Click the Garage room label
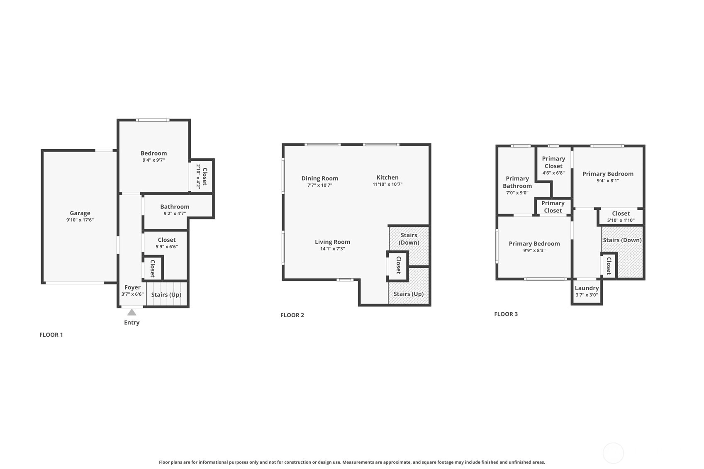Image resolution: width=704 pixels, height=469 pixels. [x=80, y=213]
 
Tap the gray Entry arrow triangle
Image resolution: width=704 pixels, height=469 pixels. [x=132, y=312]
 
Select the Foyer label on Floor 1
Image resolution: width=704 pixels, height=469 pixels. [x=132, y=287]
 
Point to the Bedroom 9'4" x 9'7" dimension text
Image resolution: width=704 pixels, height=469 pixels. [x=153, y=160]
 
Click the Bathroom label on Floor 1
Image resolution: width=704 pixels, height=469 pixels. [x=175, y=207]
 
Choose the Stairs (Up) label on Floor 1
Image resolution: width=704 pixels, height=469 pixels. [x=166, y=295]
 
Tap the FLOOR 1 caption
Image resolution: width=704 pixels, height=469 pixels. [x=51, y=335]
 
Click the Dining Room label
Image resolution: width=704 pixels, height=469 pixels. [x=319, y=178]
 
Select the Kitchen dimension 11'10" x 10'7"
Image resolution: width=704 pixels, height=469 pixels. [x=387, y=185]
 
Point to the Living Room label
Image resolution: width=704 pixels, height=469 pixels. [x=333, y=242]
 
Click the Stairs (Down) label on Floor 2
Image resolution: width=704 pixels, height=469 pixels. [x=409, y=239]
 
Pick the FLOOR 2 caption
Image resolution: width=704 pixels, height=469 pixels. [x=292, y=315]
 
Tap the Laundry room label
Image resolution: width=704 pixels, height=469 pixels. [x=587, y=288]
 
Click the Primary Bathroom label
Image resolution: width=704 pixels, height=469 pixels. [x=517, y=182]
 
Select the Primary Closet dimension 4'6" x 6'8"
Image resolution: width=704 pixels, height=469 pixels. [x=553, y=173]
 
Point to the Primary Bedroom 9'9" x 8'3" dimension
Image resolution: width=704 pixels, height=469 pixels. [x=534, y=250]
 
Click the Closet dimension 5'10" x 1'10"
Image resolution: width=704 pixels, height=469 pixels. [x=621, y=220]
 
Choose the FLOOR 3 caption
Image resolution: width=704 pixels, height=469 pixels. [x=506, y=314]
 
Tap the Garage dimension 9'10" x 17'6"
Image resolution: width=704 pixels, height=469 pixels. [x=80, y=220]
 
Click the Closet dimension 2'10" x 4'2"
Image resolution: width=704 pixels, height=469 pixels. [x=198, y=176]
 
